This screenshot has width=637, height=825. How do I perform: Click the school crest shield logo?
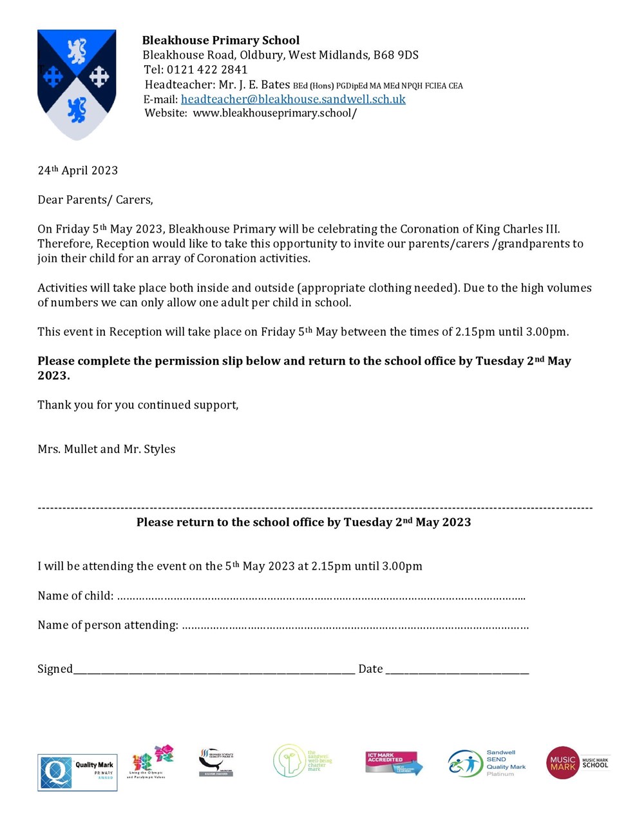pos(77,83)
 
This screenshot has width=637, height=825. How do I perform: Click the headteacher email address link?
pos(293,99)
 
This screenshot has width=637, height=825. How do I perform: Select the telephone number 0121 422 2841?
pos(207,70)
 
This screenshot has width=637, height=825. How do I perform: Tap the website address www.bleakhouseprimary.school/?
pos(275,113)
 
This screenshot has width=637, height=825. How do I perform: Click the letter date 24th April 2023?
pos(78,170)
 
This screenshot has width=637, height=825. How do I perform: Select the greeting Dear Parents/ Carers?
pos(95,200)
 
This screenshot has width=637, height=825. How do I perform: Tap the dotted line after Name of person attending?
pos(355,626)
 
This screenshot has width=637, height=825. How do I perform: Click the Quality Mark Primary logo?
pos(77,772)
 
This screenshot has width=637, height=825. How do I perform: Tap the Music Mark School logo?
pos(577,763)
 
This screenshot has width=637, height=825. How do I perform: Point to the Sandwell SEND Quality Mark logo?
pos(487,763)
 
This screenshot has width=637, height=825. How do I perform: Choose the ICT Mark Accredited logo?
pos(394,762)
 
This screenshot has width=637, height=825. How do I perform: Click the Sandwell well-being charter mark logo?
pos(302,761)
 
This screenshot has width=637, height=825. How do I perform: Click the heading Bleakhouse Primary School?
pos(221,40)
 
